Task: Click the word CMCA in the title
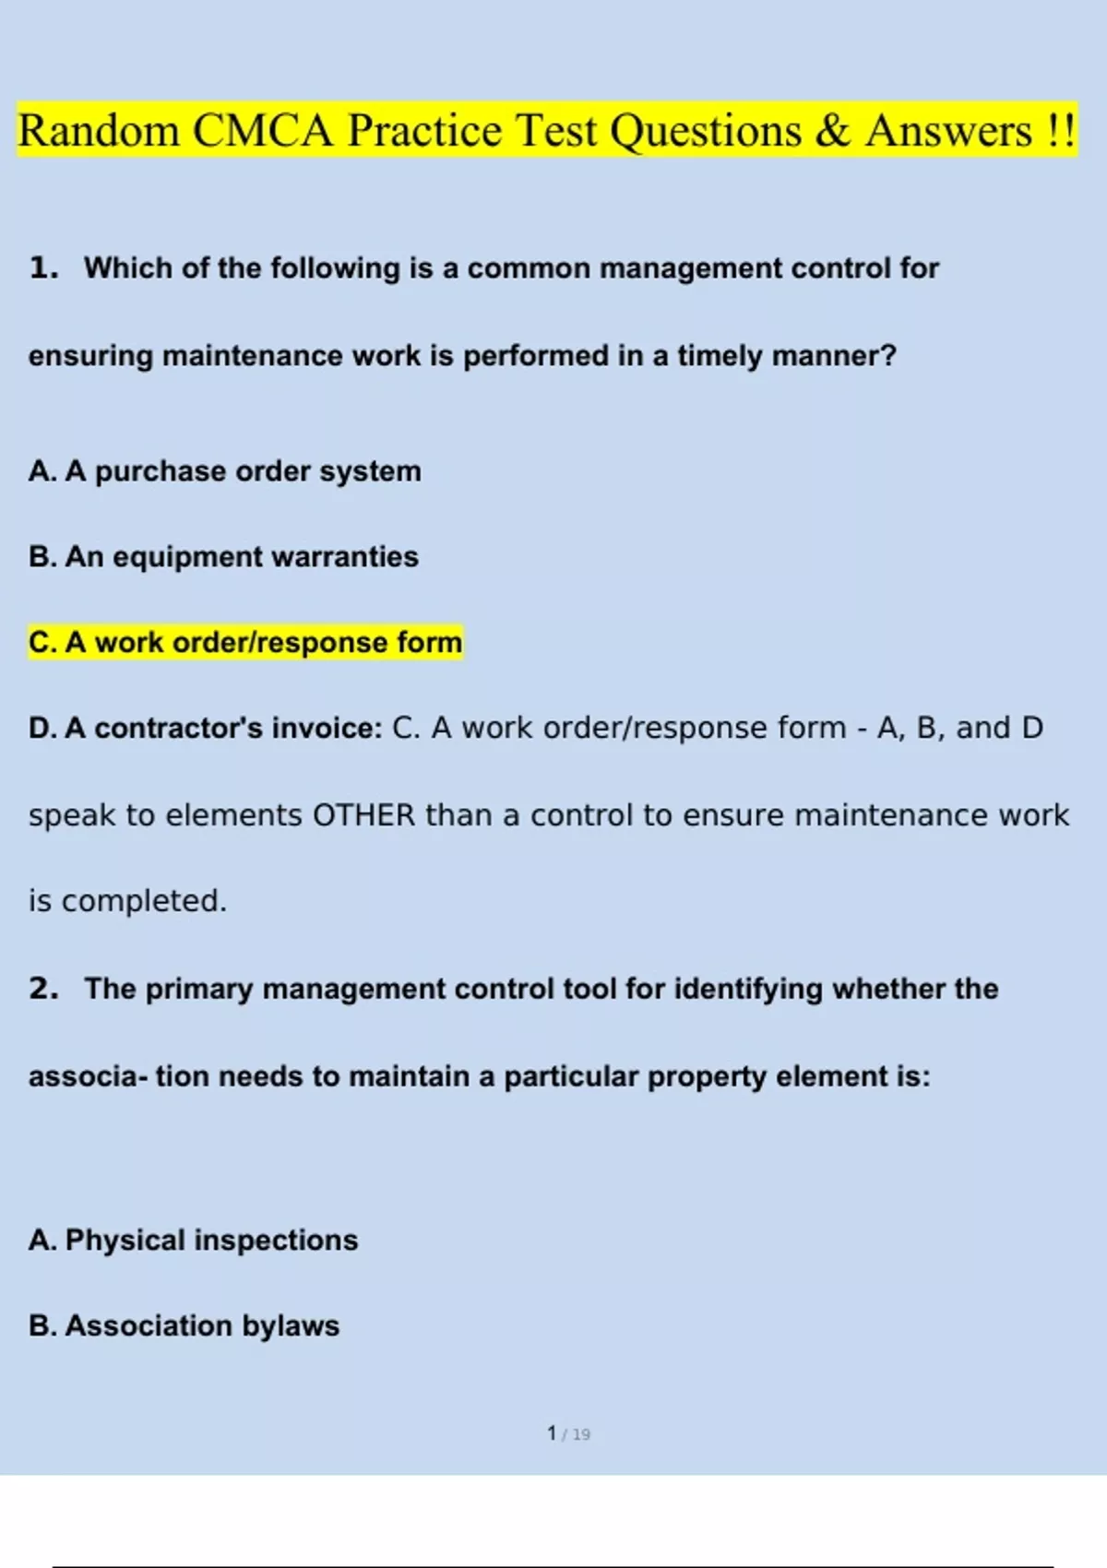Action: [262, 131]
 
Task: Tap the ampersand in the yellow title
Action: [832, 131]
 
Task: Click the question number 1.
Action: [42, 268]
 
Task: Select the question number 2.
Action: [42, 989]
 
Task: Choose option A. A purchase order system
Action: [224, 471]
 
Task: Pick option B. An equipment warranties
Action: [223, 557]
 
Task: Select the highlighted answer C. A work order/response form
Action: [245, 642]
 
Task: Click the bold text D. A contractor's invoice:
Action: [205, 729]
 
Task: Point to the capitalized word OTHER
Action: [364, 815]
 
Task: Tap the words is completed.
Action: [127, 901]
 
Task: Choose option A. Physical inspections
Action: [193, 1241]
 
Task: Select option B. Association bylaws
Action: [184, 1326]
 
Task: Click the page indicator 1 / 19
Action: [568, 1434]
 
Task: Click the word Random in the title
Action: [99, 131]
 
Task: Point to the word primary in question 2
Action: [198, 989]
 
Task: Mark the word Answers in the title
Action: [948, 131]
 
